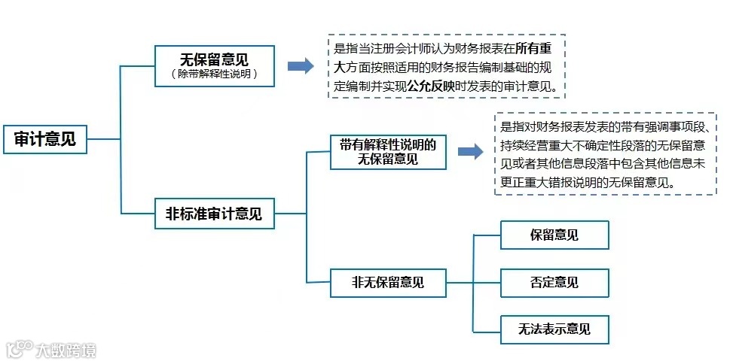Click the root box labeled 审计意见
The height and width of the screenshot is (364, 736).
pos(44,138)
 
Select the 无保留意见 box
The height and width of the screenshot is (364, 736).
pos(214,59)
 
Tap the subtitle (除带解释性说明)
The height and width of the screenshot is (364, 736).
pos(214,74)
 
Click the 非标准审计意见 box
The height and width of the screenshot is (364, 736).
pos(214,214)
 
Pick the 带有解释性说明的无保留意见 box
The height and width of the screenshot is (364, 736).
pos(388,152)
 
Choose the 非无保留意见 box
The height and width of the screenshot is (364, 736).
pos(388,283)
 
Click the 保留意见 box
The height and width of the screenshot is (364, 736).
pos(554,235)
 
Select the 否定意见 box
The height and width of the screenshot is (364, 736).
pos(554,283)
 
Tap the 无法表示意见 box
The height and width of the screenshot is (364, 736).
pos(554,329)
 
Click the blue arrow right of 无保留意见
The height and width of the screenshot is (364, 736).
pos(300,66)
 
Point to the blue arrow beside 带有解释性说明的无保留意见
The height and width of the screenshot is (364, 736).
pos(470,152)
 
